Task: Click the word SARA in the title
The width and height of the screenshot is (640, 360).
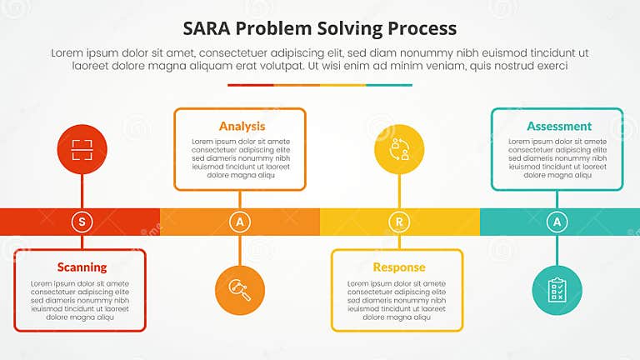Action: [x=209, y=28]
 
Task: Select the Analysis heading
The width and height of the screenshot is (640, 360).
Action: [x=242, y=126]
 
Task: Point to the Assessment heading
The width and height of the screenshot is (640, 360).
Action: [x=558, y=126]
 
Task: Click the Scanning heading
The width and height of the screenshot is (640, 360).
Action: [x=82, y=267]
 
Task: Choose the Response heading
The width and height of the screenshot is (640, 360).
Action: [x=398, y=267]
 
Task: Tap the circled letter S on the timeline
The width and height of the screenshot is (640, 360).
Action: [x=82, y=221]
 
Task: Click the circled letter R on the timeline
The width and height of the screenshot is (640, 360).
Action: [x=399, y=221]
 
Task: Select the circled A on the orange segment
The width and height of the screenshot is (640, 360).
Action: [x=240, y=221]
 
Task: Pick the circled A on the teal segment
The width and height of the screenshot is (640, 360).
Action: [x=557, y=221]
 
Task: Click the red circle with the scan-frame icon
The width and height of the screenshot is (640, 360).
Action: [x=82, y=150]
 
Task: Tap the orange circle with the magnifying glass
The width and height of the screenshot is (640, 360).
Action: [x=240, y=290]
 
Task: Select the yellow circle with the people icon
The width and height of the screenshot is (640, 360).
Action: [x=399, y=150]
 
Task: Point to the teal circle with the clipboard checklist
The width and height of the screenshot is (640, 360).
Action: [x=557, y=290]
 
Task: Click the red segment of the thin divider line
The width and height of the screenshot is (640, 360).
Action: [x=250, y=84]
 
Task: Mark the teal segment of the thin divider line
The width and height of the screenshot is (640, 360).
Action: [x=389, y=84]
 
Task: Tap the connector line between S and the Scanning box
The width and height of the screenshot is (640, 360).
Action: [x=82, y=242]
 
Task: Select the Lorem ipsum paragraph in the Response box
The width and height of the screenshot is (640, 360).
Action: [x=397, y=300]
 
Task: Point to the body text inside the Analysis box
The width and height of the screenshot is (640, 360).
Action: [x=241, y=158]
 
